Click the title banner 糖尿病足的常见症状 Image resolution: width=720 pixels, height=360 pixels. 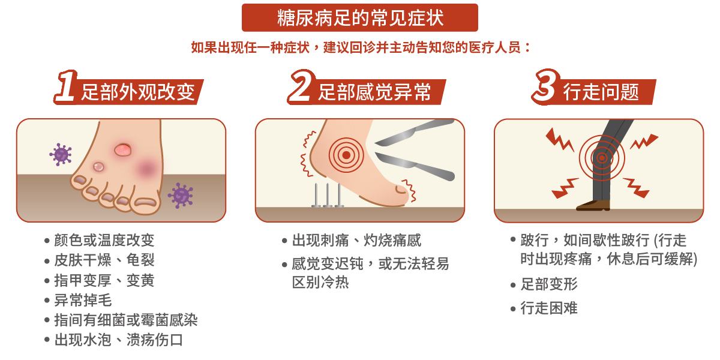(x=360, y=17)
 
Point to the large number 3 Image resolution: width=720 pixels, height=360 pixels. (x=545, y=88)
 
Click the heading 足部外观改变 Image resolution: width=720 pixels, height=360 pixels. (x=138, y=92)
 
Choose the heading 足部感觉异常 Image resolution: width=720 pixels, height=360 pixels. (x=375, y=92)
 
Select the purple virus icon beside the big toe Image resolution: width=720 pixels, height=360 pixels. (x=180, y=195)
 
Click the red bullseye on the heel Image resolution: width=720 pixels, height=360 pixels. (x=345, y=155)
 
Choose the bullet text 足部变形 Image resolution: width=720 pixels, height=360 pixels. (x=549, y=284)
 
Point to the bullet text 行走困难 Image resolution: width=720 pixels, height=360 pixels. (x=549, y=309)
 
